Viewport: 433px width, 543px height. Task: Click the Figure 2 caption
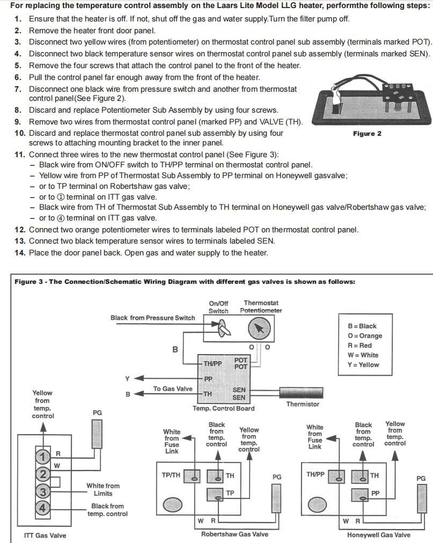click(x=367, y=134)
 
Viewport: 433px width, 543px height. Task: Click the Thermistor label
click(x=303, y=404)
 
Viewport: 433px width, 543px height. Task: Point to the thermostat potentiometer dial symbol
click(x=259, y=328)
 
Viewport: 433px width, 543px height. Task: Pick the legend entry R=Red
click(x=359, y=346)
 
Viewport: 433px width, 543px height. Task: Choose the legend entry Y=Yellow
click(x=363, y=365)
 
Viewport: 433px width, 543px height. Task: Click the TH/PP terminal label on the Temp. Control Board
click(x=212, y=364)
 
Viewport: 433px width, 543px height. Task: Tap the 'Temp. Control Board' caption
click(x=224, y=408)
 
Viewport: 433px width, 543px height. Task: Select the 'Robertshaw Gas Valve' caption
click(x=234, y=534)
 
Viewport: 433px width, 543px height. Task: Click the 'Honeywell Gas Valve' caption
click(x=378, y=535)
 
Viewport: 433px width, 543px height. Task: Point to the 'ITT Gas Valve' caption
click(x=46, y=535)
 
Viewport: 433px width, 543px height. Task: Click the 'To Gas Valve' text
click(x=173, y=389)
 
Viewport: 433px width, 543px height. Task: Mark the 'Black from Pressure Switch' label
click(x=153, y=318)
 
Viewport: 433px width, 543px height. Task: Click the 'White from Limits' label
click(x=103, y=489)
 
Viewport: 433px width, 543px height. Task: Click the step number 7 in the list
click(x=18, y=89)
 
